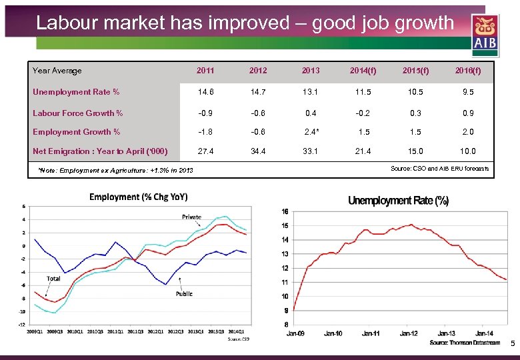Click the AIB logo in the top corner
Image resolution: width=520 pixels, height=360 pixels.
click(x=485, y=34)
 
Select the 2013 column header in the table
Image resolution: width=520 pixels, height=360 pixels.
click(x=311, y=71)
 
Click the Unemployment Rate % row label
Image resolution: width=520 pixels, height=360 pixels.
click(x=76, y=92)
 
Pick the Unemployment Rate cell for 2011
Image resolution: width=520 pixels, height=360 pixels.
click(x=205, y=92)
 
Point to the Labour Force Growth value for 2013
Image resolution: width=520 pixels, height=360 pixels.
click(x=311, y=113)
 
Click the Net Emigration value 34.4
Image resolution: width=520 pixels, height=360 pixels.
click(x=257, y=152)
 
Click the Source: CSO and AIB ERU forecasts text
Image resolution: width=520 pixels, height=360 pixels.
click(x=439, y=169)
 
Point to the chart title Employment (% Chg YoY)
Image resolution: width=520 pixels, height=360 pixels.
click(x=139, y=197)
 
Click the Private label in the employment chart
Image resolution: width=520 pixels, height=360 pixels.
click(x=193, y=217)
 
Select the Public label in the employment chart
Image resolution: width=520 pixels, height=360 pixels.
click(x=185, y=293)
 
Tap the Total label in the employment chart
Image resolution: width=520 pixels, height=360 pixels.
click(x=55, y=278)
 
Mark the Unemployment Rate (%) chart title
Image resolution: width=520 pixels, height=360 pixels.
click(x=398, y=201)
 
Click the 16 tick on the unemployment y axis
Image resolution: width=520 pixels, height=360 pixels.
click(x=285, y=212)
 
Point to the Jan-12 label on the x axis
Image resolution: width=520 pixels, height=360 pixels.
click(x=409, y=333)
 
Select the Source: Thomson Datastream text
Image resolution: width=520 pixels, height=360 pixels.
click(x=465, y=343)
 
